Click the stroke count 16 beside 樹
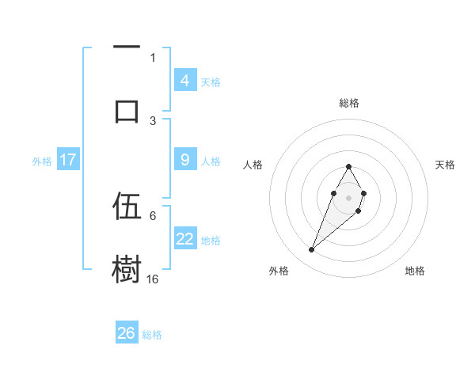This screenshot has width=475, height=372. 153,279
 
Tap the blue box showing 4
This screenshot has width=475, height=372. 184,81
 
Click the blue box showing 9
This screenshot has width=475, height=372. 184,160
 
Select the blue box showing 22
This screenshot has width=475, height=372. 184,239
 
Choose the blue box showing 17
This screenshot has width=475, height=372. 68,160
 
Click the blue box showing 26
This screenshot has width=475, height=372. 127,333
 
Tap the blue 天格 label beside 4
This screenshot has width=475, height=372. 211,82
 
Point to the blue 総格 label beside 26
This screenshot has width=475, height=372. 152,335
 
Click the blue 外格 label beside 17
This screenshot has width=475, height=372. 42,161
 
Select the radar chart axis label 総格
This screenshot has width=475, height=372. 348,103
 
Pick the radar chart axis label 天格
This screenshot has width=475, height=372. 445,165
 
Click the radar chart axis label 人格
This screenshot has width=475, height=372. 253,165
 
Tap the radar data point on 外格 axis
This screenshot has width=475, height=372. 312,250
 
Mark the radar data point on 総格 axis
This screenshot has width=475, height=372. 348,166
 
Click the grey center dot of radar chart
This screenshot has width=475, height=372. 348,196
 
